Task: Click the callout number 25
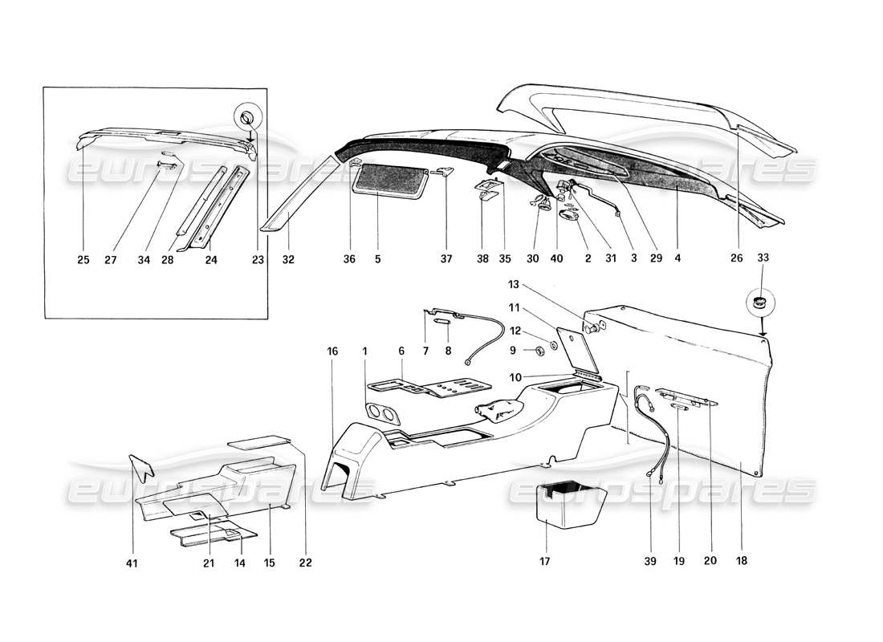coord(84,259)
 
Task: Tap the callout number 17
coord(545,562)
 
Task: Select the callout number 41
coord(132,563)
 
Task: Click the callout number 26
coord(738,259)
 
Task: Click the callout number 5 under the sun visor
coord(377,259)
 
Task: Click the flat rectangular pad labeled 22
coord(258,441)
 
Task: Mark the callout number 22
coord(305,563)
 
